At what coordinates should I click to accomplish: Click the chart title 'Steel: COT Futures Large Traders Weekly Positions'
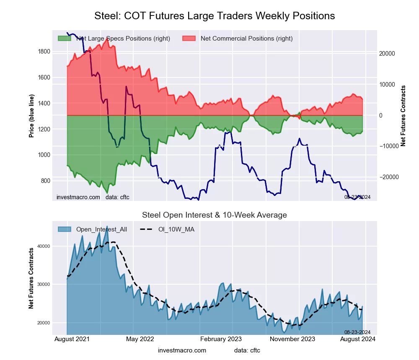click(215, 16)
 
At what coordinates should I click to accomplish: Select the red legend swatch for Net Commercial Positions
click(189, 39)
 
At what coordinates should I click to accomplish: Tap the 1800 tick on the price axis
click(44, 52)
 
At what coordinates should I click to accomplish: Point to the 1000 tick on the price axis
click(44, 155)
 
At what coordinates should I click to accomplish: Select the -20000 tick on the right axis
click(389, 177)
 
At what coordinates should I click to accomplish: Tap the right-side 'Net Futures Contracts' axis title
click(403, 116)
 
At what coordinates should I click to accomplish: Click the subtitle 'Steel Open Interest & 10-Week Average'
click(214, 215)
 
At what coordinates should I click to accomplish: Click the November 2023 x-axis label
click(292, 339)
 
